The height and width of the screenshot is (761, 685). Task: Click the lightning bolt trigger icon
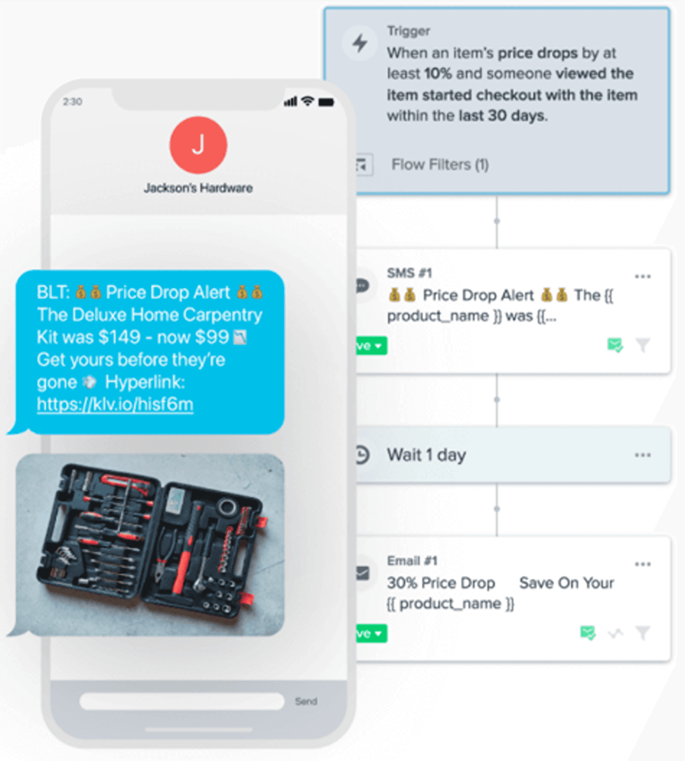point(360,43)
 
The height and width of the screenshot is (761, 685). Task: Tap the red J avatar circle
point(198,145)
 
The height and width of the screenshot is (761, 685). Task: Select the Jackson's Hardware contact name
point(198,188)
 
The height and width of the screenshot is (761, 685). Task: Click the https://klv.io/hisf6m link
point(115,404)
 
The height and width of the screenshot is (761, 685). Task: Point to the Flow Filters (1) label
point(440,164)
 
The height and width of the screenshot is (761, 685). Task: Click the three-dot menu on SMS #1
point(643,276)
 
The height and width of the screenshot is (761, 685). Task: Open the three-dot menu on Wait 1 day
point(643,455)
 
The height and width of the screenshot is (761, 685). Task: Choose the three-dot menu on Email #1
point(643,564)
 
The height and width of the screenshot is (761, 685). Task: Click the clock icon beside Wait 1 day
point(362,455)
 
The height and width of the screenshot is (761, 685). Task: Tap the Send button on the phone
point(306,701)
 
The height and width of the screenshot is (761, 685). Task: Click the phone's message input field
point(182,701)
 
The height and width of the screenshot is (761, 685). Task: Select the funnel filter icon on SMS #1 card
point(643,345)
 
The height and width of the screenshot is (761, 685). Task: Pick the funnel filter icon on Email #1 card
point(643,633)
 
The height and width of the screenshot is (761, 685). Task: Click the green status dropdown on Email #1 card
point(371,634)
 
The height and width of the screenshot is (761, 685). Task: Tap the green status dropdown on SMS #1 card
point(371,346)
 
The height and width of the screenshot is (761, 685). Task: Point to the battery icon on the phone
point(327,102)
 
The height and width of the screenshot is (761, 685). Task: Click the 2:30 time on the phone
point(73,102)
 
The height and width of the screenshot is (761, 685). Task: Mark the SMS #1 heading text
point(410,273)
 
